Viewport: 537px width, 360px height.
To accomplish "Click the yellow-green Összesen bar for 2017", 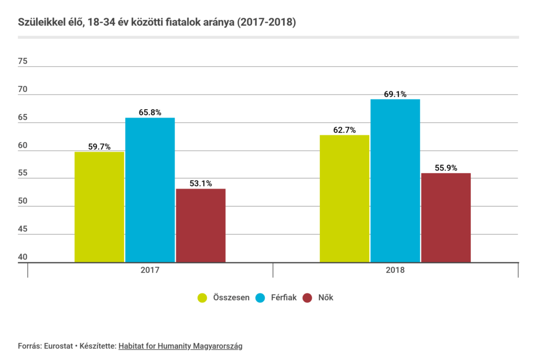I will coord(99,207).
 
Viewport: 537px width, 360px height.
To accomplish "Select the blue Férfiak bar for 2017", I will coord(150,190).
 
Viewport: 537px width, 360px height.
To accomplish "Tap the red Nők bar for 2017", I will coord(201,225).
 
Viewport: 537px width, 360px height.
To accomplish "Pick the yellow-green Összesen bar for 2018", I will coord(345,198).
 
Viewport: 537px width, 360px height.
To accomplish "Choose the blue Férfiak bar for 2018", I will coord(395,181).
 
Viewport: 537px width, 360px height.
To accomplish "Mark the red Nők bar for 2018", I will coord(446,217).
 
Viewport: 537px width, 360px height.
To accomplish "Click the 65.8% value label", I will coord(150,112).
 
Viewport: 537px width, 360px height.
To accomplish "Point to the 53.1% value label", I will coord(201,183).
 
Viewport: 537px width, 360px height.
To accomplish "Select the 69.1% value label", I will coord(395,94).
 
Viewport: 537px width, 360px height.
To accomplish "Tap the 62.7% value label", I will coord(345,130).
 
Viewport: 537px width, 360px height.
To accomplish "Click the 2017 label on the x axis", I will coord(150,271).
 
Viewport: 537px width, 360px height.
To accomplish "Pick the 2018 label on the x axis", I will coord(395,271).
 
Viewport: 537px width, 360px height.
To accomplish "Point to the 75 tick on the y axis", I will coord(23,61).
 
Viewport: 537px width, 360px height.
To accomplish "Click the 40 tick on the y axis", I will coord(23,257).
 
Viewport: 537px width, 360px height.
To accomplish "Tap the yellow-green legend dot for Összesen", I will coord(202,298).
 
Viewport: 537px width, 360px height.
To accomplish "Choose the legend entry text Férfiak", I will coord(283,298).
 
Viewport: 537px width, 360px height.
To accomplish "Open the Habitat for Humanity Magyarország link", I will coord(180,346).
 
